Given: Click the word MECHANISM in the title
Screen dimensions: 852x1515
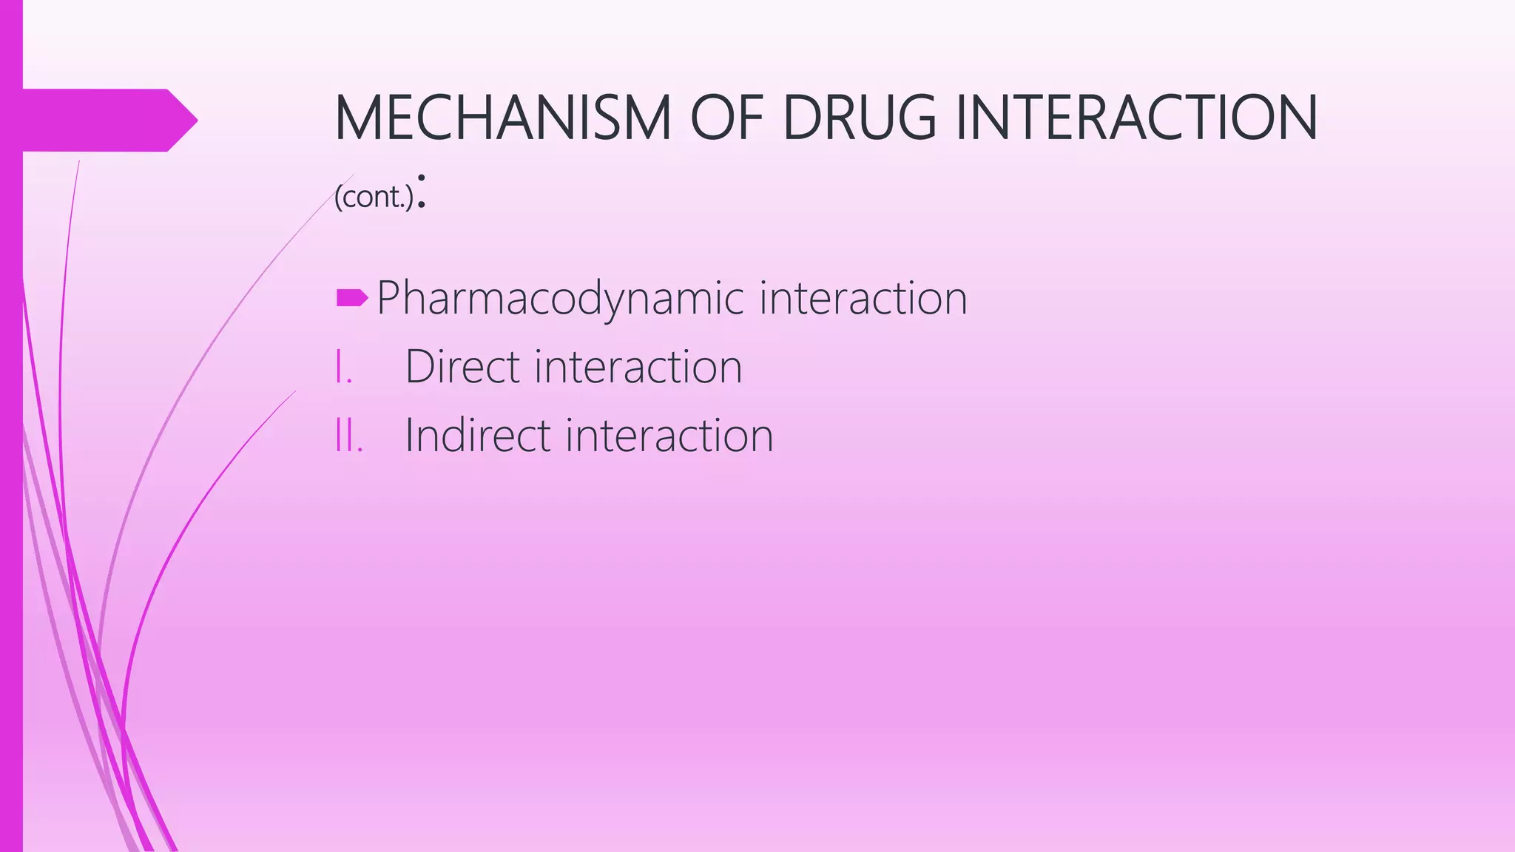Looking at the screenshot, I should click(503, 118).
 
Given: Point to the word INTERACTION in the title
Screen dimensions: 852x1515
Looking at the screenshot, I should click(1136, 118).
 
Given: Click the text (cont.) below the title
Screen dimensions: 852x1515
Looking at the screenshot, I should click(374, 197).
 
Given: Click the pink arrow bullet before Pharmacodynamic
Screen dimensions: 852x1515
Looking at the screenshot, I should click(352, 298).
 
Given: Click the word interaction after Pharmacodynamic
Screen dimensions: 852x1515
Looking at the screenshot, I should click(863, 298).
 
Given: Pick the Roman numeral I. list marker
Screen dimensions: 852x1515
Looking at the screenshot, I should click(343, 367).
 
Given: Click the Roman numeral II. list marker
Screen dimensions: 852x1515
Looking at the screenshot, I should click(348, 435).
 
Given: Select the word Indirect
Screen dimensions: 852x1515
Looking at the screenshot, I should click(478, 435).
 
